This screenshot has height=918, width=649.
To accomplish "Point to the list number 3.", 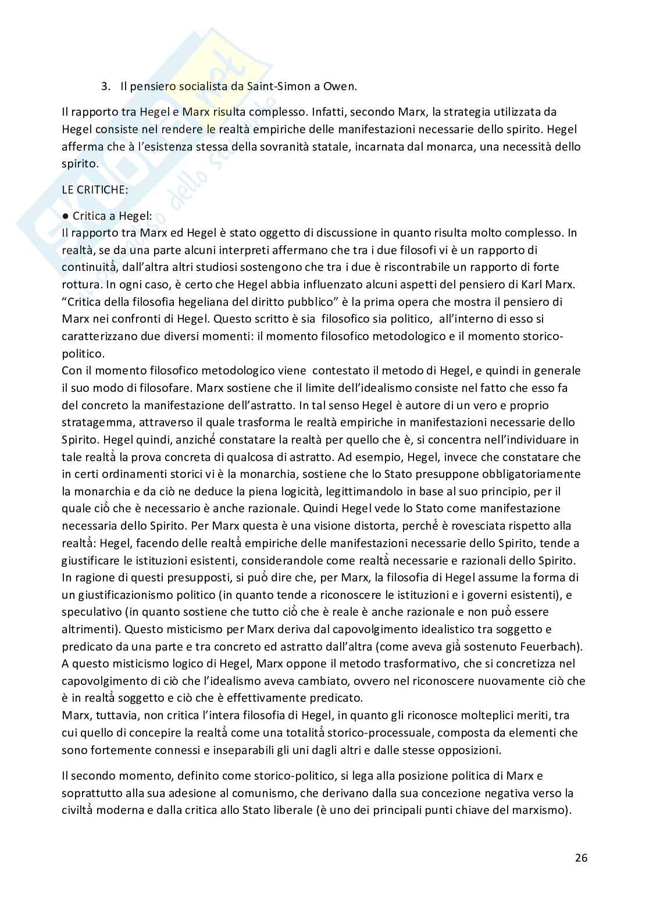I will point(105,86).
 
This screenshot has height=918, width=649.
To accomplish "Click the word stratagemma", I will point(94,422).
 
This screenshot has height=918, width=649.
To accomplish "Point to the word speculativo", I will point(88,612).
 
